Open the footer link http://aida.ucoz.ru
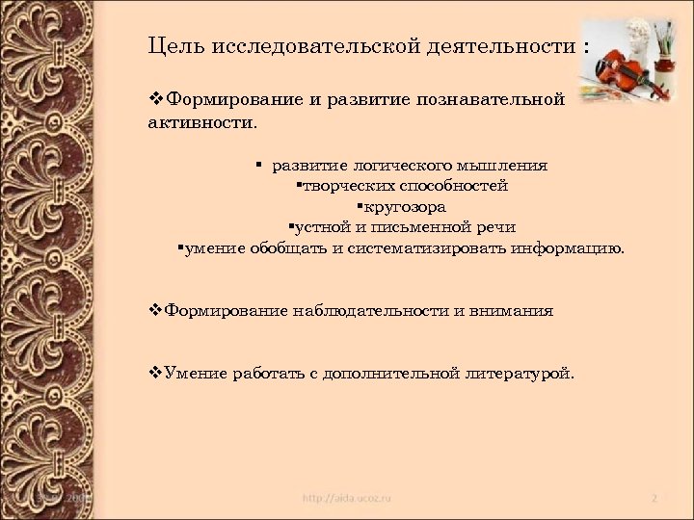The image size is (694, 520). coord(347,499)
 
